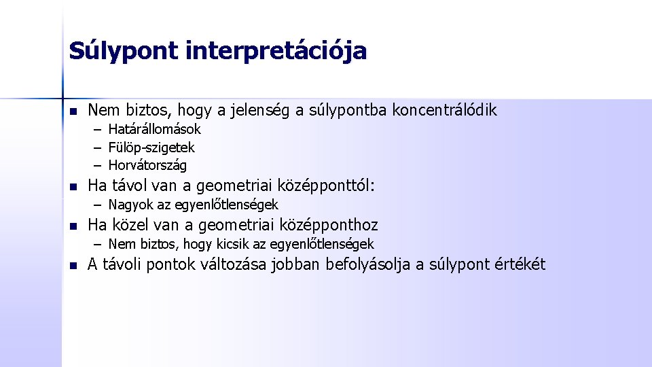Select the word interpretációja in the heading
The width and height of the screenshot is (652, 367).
pyautogui.click(x=276, y=51)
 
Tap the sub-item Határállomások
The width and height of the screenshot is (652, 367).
pyautogui.click(x=154, y=129)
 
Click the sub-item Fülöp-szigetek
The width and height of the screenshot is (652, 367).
pyautogui.click(x=151, y=147)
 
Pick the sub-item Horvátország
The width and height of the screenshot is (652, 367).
pyautogui.click(x=147, y=165)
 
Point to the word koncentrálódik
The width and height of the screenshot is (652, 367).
pyautogui.click(x=445, y=110)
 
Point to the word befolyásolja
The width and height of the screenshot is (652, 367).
pyautogui.click(x=368, y=264)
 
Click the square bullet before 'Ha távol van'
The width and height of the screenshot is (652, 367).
pyautogui.click(x=73, y=187)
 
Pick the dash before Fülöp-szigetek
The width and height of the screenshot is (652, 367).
pyautogui.click(x=98, y=147)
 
